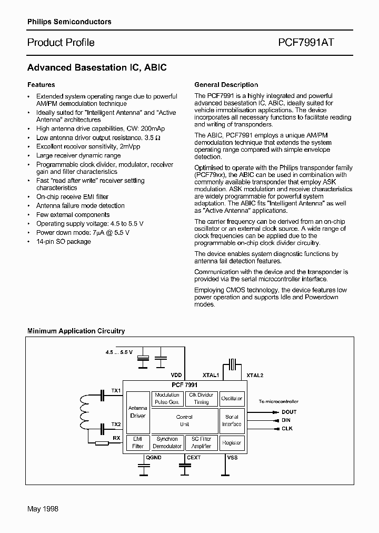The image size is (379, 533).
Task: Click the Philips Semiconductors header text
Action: [69, 22]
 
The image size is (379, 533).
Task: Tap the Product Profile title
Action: [61, 43]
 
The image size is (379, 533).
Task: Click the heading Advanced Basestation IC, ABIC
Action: [97, 68]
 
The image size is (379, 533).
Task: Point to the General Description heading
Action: [226, 85]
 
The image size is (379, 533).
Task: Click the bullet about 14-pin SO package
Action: [63, 242]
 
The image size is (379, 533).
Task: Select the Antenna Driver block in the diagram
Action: [138, 412]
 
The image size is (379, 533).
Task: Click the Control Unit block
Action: [184, 420]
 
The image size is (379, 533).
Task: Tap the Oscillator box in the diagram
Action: [232, 399]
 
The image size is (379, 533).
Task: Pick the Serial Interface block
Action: [232, 420]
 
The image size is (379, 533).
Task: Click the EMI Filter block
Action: [138, 442]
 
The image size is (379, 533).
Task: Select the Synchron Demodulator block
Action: [167, 442]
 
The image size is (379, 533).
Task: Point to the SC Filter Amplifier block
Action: [201, 442]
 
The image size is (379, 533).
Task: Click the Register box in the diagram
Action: [232, 443]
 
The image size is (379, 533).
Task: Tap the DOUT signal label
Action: [289, 412]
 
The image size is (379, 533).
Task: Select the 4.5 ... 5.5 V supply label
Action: [118, 352]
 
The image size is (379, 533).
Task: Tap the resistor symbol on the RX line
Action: [102, 443]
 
